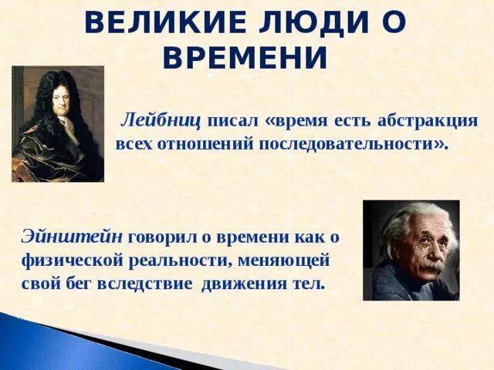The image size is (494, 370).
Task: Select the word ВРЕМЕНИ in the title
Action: (247, 57)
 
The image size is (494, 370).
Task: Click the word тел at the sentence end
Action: (310, 284)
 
